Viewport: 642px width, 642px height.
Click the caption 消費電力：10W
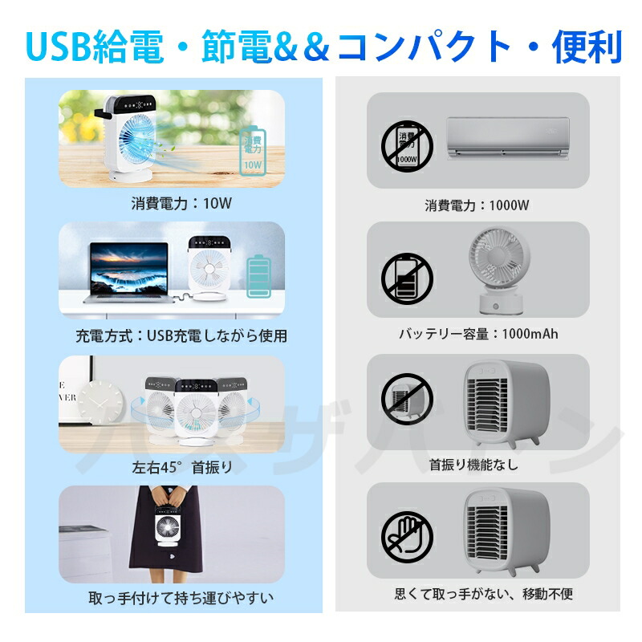(x=181, y=203)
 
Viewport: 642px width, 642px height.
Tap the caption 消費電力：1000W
(x=477, y=205)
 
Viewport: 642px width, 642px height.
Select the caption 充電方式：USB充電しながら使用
(x=181, y=335)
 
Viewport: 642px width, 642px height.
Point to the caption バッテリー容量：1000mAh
(x=477, y=334)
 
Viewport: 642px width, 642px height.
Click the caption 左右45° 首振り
(x=182, y=467)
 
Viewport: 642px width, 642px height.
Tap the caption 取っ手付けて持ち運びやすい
(x=181, y=598)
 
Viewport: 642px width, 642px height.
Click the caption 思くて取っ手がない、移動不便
(x=484, y=595)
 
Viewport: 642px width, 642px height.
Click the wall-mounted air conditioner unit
(x=507, y=136)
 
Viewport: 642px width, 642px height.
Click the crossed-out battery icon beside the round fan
(x=407, y=278)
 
